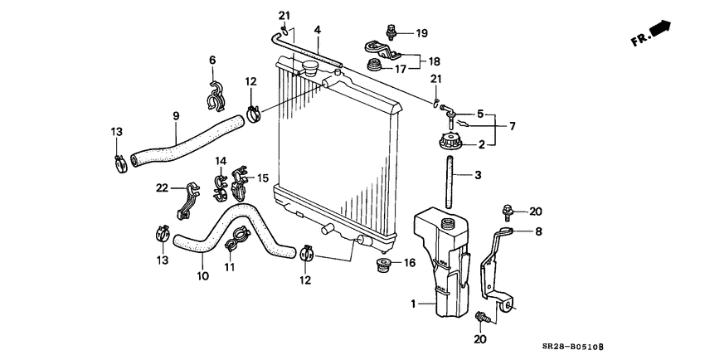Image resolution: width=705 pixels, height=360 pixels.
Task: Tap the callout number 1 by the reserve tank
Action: point(414,303)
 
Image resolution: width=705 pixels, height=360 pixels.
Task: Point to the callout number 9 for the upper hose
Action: point(176,117)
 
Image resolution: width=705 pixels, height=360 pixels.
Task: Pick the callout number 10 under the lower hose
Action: point(202,276)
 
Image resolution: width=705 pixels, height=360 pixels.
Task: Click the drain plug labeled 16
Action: point(383,266)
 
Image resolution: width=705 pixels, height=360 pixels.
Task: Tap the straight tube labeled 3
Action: point(450,182)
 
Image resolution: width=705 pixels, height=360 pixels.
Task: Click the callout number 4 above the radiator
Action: point(317,31)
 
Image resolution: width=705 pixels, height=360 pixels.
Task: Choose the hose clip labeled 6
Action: point(217,95)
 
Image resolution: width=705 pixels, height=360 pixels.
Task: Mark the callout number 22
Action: point(163,188)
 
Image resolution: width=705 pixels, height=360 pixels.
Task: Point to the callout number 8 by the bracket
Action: point(537,232)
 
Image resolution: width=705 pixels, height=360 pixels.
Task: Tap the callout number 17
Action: point(400,69)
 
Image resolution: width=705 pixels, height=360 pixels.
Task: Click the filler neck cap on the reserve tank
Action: point(449,224)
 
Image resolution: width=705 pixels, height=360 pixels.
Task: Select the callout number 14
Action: point(221,160)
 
